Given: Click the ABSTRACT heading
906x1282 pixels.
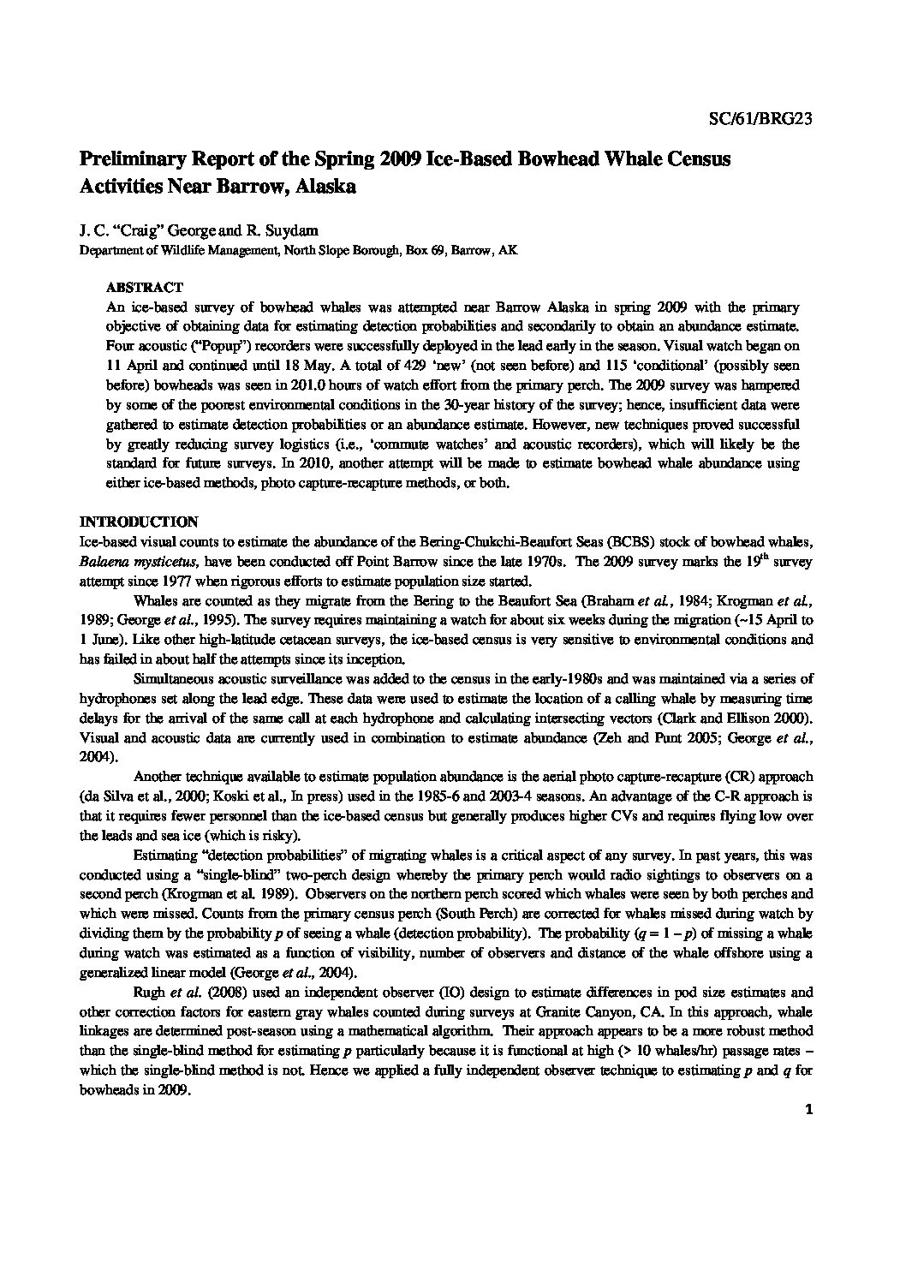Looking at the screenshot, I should coord(144,288).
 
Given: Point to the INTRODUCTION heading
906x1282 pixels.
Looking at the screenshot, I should coord(139,522).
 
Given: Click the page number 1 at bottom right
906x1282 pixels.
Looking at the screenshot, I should coord(808,1111).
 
